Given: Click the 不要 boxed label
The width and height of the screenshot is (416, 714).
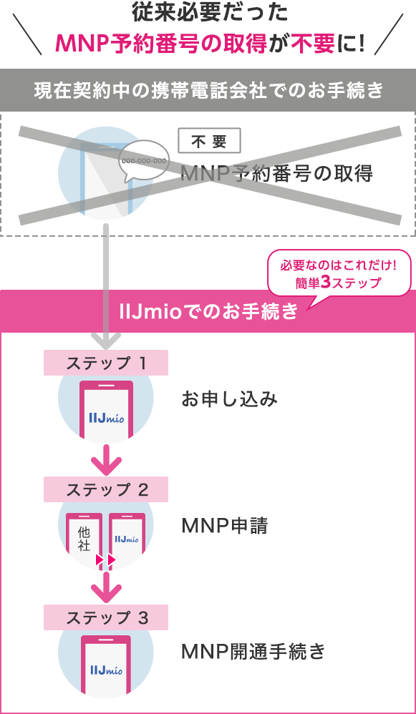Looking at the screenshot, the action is coord(209,142).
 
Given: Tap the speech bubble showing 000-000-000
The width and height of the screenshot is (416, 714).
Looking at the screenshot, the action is coord(143,161).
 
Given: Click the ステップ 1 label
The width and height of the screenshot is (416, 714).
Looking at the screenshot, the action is coord(106,363).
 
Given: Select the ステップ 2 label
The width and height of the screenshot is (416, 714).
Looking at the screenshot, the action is coord(106,489).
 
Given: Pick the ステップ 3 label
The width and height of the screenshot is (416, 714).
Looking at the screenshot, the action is coord(106,617).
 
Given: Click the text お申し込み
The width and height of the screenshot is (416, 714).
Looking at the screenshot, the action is coord(229,399).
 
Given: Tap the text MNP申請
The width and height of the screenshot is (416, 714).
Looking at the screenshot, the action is coord(224,527).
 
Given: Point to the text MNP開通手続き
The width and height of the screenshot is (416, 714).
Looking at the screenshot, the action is coord(253,652).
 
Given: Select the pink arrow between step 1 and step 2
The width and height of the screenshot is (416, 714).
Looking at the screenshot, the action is coord(106,457).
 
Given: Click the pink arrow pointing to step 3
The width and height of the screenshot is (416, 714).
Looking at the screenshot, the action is coord(106,586).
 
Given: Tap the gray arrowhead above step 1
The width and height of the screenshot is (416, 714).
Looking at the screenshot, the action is coord(106,340).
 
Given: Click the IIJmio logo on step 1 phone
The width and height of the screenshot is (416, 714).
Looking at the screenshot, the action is coord(106,416).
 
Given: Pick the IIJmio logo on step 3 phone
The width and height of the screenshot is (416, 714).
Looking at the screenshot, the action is coord(106,670).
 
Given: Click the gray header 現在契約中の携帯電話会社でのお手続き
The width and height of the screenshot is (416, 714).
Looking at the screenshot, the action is coord(208,90).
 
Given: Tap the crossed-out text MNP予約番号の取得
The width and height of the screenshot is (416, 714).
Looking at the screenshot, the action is coord(276,174).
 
